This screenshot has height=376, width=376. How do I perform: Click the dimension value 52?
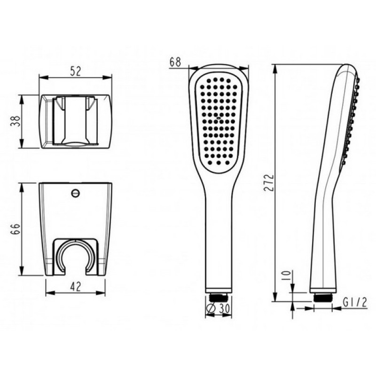pos(76,71)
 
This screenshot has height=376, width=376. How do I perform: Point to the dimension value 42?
pos(76,287)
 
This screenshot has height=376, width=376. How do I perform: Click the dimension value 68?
pos(175,62)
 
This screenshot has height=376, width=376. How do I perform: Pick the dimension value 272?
pos(268,182)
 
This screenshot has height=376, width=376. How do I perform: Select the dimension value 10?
pos(286,276)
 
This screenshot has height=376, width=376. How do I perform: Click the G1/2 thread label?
pos(355,302)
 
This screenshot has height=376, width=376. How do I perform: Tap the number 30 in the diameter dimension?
pos(224,308)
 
